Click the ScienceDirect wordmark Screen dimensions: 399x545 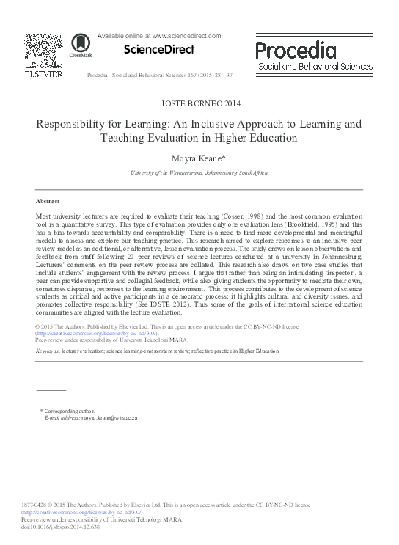160,50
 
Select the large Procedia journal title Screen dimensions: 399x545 296,51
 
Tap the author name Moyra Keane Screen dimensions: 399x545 197,157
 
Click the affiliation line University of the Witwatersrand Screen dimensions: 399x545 199,172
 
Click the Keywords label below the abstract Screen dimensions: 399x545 48,351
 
